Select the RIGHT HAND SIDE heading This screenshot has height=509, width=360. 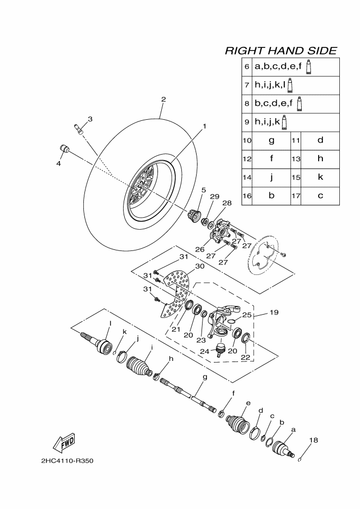280,51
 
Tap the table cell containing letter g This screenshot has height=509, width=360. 271,140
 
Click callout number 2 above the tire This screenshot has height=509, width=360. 163,99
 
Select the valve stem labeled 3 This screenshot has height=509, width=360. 79,128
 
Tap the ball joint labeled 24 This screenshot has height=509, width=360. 222,349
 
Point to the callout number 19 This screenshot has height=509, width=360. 274,312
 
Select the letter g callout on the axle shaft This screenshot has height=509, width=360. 205,377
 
